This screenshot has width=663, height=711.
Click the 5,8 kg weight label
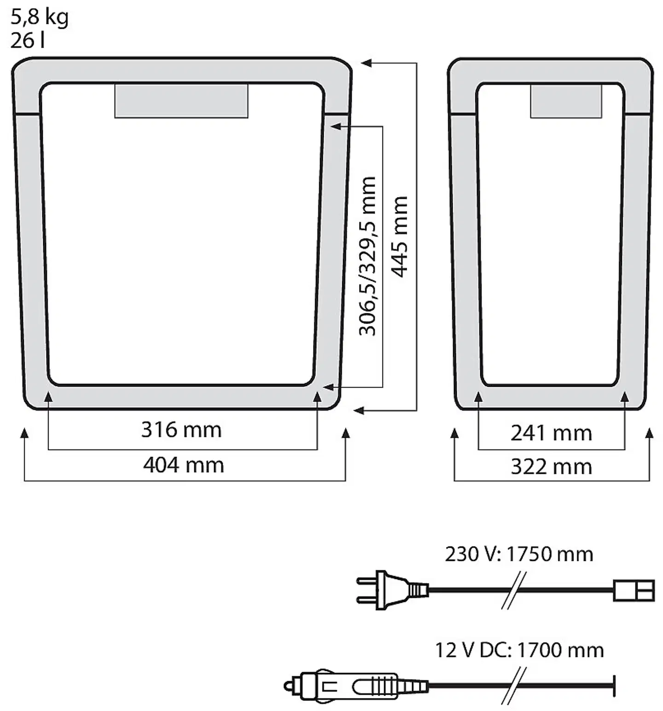(x=40, y=17)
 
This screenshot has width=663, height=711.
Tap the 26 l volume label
(x=28, y=40)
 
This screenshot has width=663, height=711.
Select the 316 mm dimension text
(x=181, y=430)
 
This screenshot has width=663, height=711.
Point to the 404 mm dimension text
(x=183, y=465)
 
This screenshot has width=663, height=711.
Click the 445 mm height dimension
(x=400, y=237)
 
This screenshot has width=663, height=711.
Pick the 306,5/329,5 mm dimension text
(x=367, y=256)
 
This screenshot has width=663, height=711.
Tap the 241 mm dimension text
(x=551, y=433)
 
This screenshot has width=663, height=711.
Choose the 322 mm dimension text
(x=551, y=467)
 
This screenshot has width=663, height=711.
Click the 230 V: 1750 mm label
(x=519, y=554)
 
